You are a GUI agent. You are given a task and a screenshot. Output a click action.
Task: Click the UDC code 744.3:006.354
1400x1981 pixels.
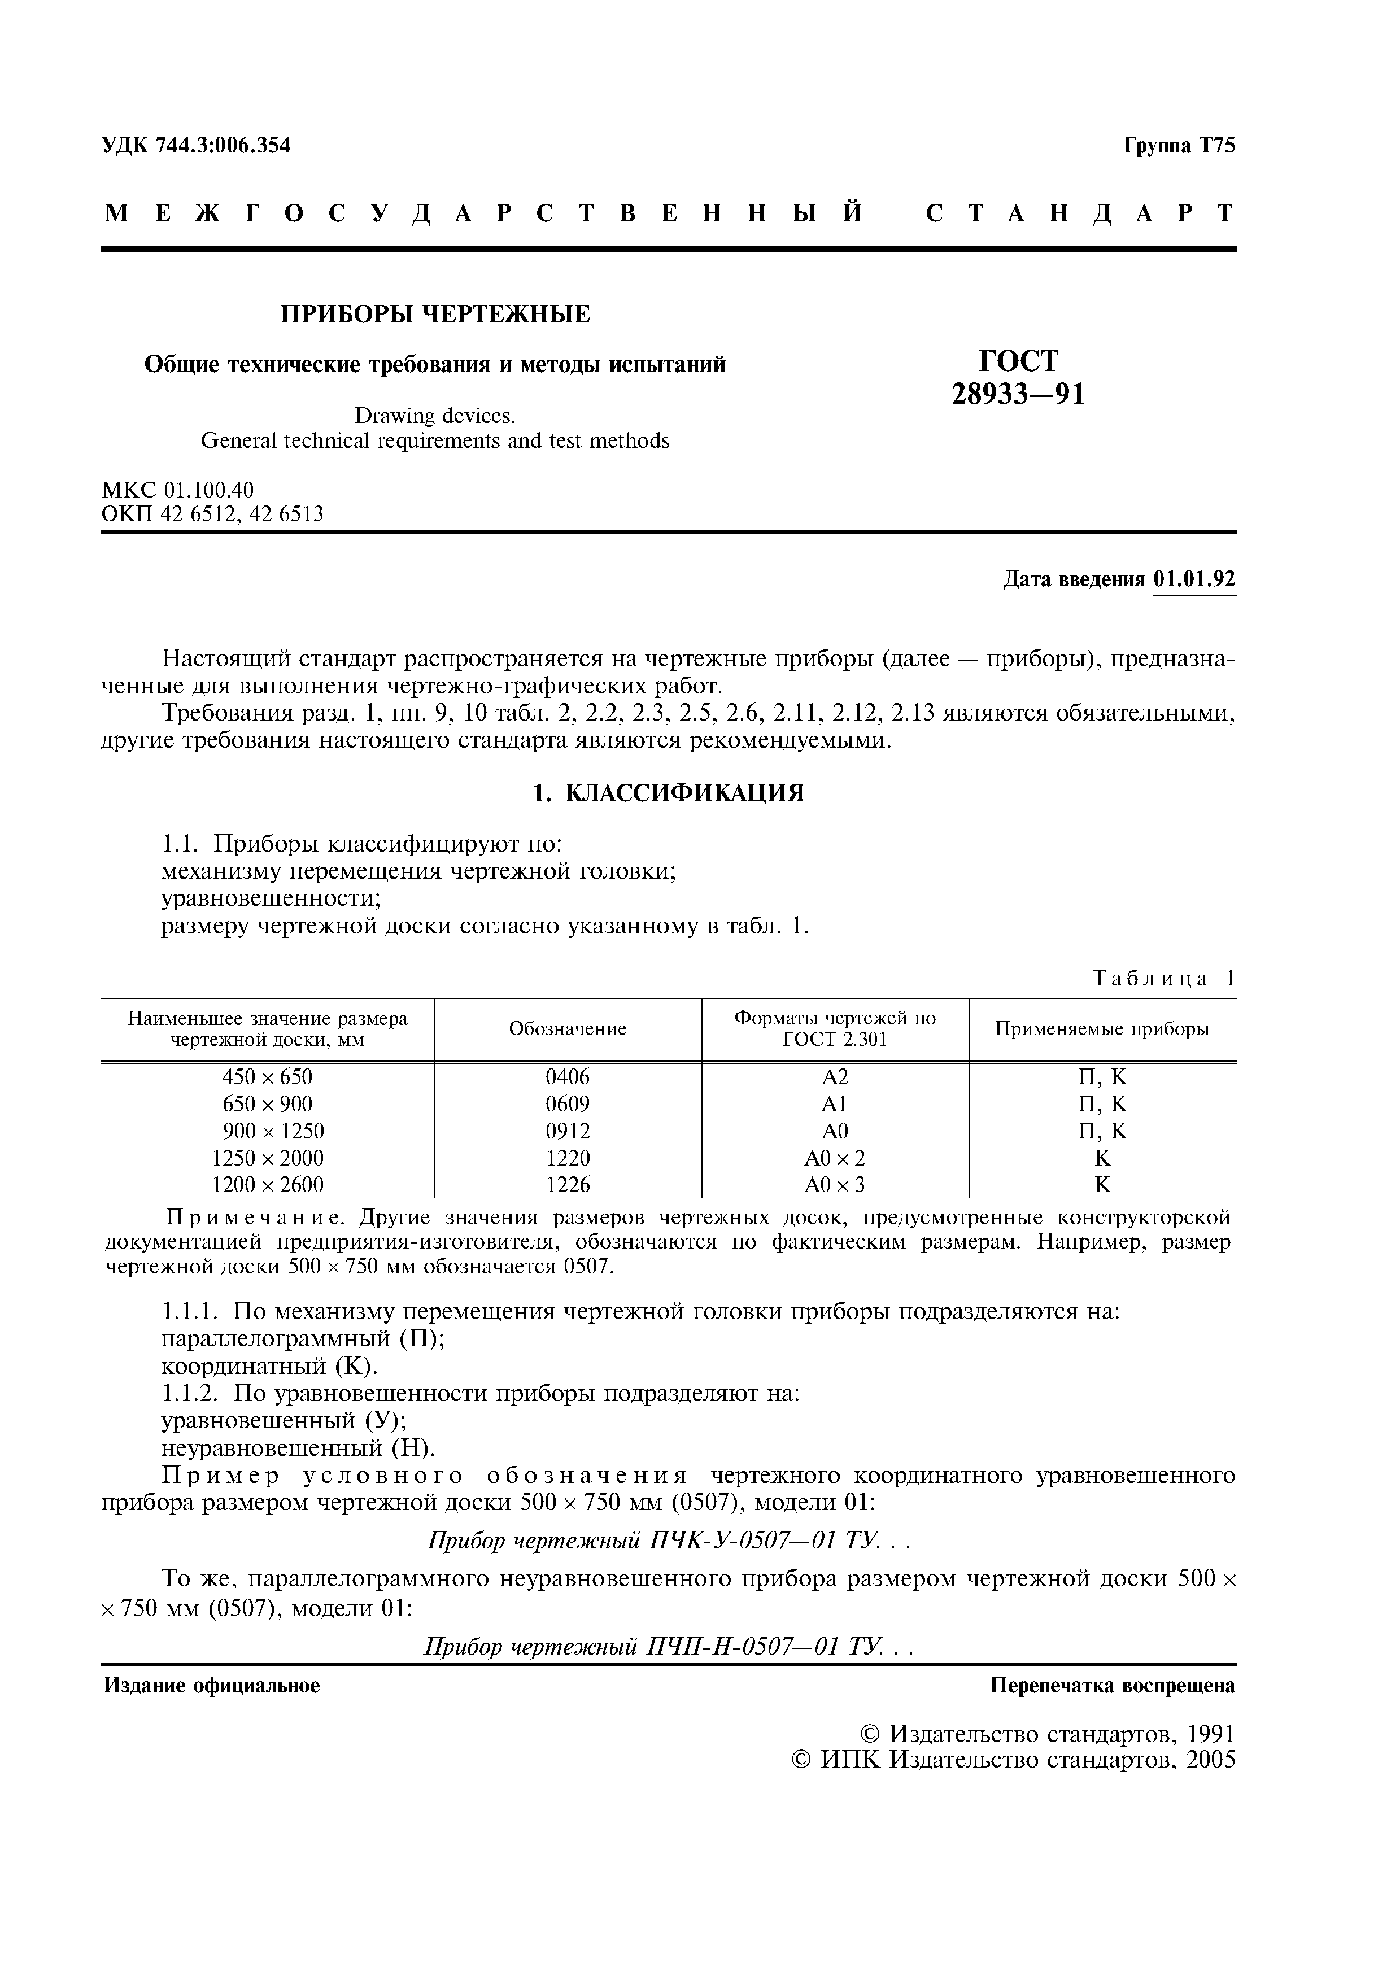224,146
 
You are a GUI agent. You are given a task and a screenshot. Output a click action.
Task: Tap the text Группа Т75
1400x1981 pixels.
1179,146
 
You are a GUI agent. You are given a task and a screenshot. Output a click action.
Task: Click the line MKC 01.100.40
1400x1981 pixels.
178,490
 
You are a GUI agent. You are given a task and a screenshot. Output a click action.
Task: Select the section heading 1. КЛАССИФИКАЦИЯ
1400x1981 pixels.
668,794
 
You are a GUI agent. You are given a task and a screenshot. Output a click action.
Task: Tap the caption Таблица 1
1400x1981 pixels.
1163,979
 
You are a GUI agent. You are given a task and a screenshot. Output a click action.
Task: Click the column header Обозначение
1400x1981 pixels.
568,1029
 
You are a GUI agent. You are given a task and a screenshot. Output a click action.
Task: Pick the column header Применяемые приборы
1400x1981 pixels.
1102,1029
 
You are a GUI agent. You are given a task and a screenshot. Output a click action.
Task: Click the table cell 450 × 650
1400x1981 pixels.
267,1077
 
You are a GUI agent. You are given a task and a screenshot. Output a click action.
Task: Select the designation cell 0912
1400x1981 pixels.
568,1131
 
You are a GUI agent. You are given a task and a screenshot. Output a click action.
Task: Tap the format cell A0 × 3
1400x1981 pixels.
834,1185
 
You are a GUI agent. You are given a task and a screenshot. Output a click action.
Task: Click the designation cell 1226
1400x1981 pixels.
568,1185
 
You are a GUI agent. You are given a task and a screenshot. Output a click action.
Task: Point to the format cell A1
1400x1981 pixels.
834,1105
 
